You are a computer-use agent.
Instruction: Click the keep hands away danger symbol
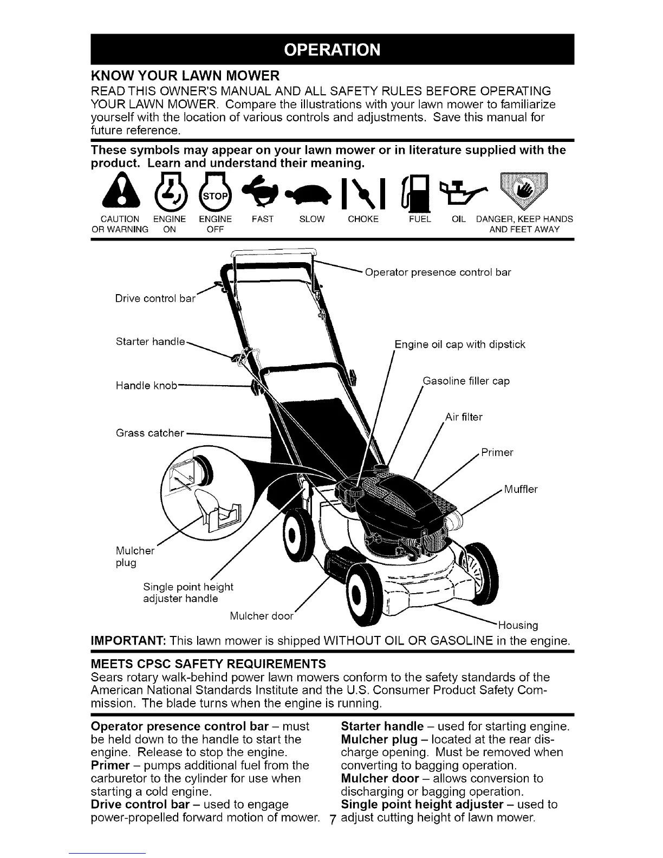tap(523, 192)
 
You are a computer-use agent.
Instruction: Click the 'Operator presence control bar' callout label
tap(438, 272)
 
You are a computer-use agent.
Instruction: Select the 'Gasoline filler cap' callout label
tap(466, 381)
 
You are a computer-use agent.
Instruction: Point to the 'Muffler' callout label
tap(521, 490)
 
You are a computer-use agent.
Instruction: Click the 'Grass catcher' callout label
tap(150, 433)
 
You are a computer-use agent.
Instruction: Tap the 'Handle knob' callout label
tap(146, 386)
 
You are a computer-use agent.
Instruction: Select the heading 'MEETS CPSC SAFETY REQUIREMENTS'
tap(209, 664)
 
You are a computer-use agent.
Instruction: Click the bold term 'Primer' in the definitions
tap(111, 765)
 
